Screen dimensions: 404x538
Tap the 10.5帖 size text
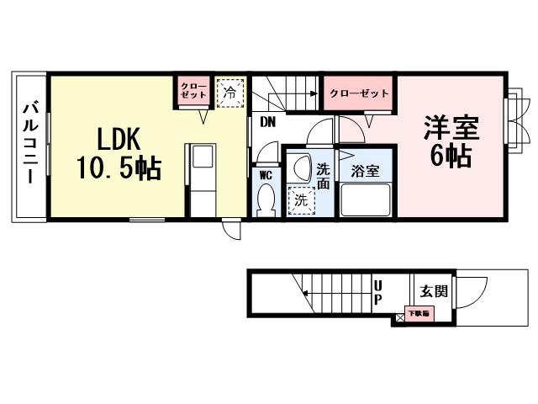[x=119, y=168]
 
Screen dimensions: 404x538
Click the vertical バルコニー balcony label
[x=29, y=144]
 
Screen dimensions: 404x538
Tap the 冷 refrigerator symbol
[x=229, y=92]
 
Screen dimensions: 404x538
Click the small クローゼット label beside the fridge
[x=193, y=91]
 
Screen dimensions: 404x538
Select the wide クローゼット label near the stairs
[x=359, y=93]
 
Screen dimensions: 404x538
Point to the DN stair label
[x=267, y=122]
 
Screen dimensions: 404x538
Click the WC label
[x=266, y=175]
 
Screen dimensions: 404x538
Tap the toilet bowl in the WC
[x=266, y=199]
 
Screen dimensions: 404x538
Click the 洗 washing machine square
[x=300, y=200]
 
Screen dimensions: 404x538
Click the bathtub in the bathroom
[x=365, y=200]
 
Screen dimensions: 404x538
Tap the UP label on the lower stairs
[x=377, y=292]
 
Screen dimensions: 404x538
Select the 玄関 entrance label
[x=434, y=292]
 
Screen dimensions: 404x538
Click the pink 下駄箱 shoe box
[x=417, y=313]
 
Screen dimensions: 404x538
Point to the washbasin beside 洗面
[x=301, y=169]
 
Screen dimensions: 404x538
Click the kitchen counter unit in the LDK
[x=201, y=180]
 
